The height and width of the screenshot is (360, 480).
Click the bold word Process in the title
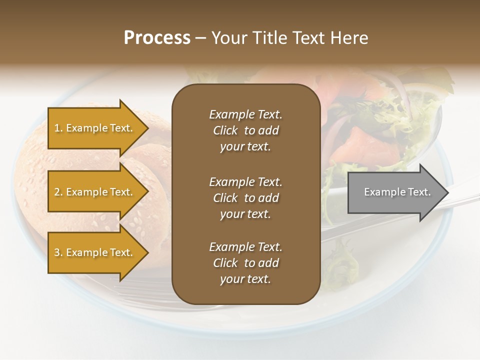(157, 38)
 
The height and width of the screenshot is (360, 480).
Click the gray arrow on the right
(395, 192)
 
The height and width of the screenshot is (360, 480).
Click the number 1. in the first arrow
(58, 128)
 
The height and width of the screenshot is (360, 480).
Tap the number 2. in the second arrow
(58, 192)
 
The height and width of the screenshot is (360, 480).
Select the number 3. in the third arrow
(58, 252)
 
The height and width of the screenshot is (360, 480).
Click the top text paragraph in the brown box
(245, 130)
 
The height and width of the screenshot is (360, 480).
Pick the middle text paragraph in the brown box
(245, 198)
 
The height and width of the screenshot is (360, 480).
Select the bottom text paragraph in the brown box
(245, 263)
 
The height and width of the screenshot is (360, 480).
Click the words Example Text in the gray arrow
(397, 192)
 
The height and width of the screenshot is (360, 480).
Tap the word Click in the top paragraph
(225, 130)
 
